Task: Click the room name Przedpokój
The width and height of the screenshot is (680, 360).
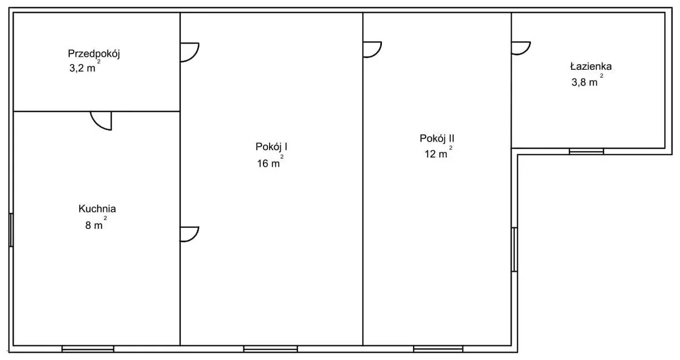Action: point(94,54)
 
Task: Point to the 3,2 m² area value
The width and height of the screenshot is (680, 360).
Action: point(84,66)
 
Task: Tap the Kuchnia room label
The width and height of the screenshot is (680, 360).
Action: point(97,209)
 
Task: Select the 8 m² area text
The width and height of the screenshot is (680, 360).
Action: point(96,223)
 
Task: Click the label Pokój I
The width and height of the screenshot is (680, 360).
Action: point(271,147)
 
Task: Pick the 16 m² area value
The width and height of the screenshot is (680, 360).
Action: point(270,162)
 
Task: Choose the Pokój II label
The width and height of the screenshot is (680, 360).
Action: point(437,138)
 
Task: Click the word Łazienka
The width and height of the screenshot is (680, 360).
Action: point(590,66)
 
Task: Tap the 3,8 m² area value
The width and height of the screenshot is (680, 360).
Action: point(587,81)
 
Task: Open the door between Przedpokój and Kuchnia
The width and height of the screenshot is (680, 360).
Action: point(101,121)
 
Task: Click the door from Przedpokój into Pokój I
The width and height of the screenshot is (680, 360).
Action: point(189,52)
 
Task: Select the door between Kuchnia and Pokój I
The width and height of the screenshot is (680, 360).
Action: point(189,234)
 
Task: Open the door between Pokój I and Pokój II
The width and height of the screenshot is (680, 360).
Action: point(372,49)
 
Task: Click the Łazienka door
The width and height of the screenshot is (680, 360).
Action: point(521,48)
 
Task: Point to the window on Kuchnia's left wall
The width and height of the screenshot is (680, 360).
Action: point(11,230)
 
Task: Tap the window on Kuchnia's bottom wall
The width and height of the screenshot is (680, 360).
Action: point(88,349)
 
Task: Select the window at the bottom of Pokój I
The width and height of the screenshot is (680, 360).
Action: point(270,349)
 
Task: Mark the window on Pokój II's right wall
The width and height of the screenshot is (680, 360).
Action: point(515,249)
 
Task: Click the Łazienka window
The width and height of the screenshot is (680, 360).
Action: point(586,151)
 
